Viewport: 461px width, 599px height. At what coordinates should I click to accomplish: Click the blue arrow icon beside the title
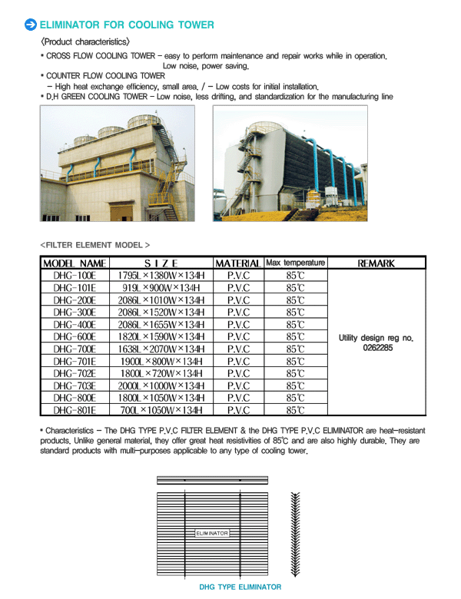[x=31, y=25]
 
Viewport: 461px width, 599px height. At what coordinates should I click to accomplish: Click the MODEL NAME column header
[x=75, y=263]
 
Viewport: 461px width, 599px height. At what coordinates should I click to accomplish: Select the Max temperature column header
[x=296, y=263]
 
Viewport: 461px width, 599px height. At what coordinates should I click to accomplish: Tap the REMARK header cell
[x=376, y=263]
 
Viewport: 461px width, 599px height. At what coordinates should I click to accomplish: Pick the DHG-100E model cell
[x=75, y=276]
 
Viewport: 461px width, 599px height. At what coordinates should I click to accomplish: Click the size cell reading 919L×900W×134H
[x=161, y=288]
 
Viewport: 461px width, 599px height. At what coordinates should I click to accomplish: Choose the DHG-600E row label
[x=75, y=336]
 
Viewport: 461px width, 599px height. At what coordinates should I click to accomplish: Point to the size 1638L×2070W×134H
[x=161, y=349]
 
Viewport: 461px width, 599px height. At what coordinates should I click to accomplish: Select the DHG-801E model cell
[x=75, y=410]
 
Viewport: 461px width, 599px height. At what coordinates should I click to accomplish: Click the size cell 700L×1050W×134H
[x=161, y=410]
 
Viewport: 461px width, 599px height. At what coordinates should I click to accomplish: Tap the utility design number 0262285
[x=376, y=348]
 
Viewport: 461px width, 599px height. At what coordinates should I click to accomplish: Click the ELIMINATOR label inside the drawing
[x=212, y=533]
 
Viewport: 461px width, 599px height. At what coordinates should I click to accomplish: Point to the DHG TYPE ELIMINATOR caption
[x=240, y=587]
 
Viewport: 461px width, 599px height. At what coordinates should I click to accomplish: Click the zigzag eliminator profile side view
[x=296, y=533]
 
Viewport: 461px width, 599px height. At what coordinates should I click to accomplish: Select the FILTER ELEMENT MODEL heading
[x=95, y=245]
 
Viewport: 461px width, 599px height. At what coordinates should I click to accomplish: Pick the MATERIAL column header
[x=238, y=263]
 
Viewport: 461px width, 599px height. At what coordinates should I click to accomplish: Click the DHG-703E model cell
[x=75, y=386]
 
